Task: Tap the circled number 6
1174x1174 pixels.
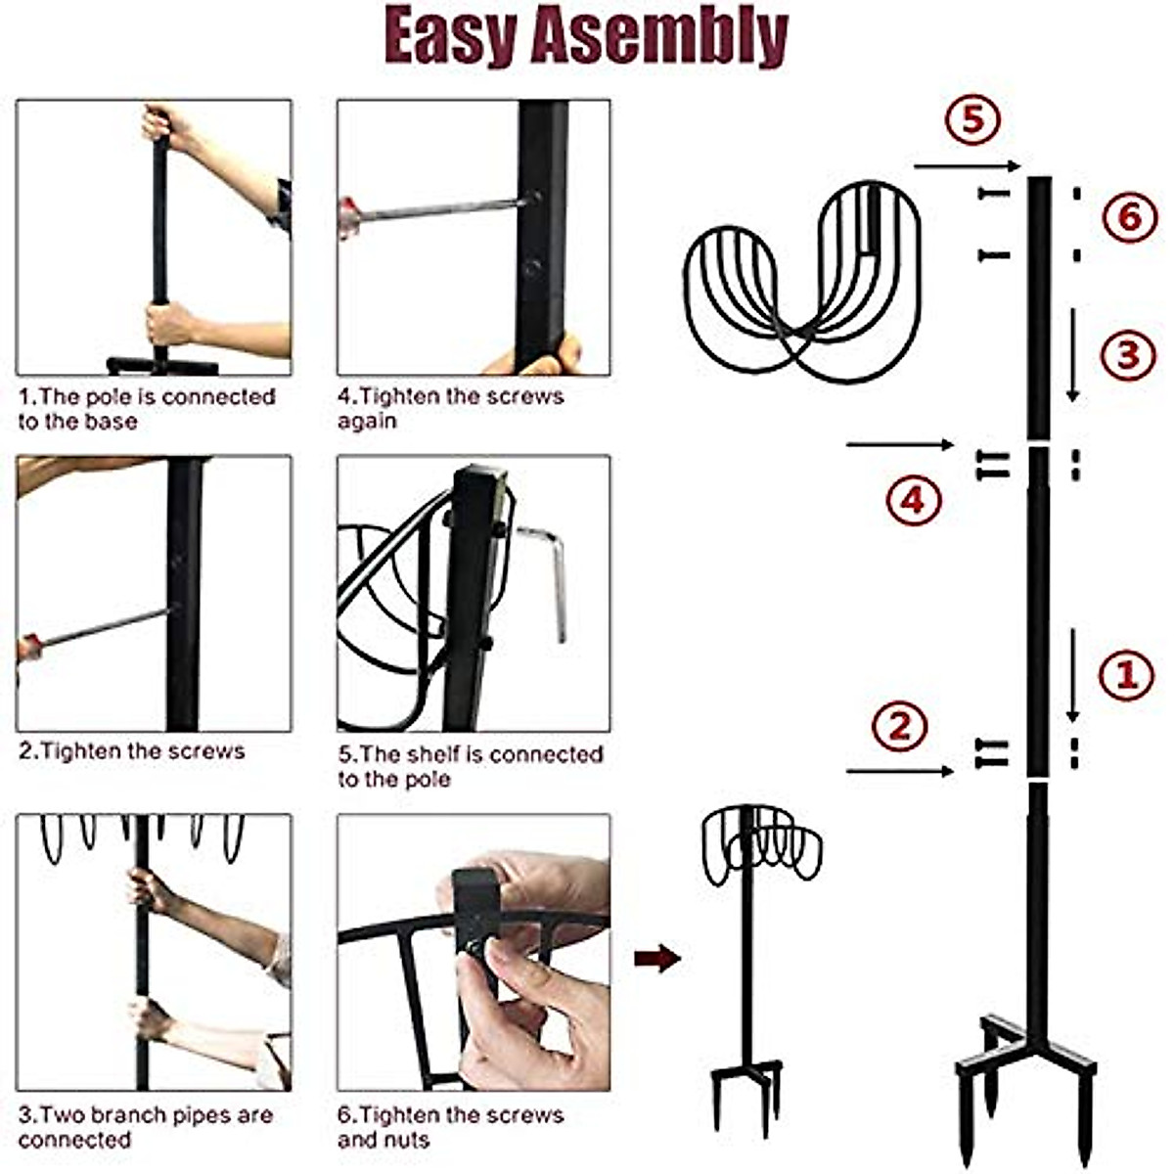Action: click(x=1130, y=216)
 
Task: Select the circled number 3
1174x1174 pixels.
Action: click(x=1128, y=354)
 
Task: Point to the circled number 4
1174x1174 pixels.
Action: click(x=913, y=500)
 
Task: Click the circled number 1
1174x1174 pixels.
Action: click(x=1126, y=675)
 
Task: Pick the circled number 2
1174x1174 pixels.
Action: click(x=899, y=727)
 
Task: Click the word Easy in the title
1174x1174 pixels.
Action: click(x=450, y=37)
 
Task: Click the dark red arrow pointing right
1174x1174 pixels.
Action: click(x=656, y=959)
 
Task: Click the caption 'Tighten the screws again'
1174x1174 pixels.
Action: click(x=450, y=409)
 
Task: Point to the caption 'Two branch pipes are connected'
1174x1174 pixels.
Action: click(x=145, y=1127)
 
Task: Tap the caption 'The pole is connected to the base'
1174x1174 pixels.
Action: click(x=147, y=409)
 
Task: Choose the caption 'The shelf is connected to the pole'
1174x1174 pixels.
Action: click(x=470, y=767)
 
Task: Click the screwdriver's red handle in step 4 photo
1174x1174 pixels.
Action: click(x=348, y=217)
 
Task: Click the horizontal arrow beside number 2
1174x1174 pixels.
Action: click(x=899, y=772)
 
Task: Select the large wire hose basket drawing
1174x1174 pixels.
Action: click(x=802, y=279)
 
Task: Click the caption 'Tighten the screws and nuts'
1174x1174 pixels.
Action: click(x=450, y=1127)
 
